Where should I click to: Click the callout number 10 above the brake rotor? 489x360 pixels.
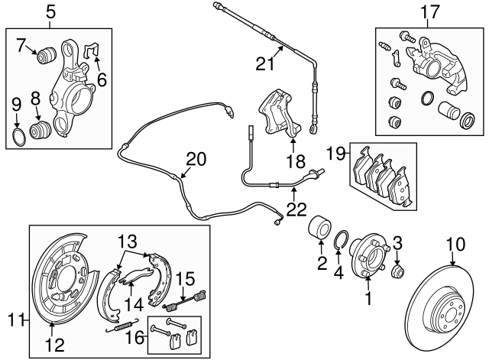click(x=455, y=245)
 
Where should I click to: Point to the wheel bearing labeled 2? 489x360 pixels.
click(x=320, y=230)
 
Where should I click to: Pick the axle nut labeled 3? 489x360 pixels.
click(x=397, y=271)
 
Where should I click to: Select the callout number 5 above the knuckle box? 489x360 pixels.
click(x=50, y=11)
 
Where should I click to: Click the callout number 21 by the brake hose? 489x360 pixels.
click(x=264, y=64)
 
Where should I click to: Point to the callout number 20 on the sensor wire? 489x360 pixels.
click(x=196, y=159)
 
